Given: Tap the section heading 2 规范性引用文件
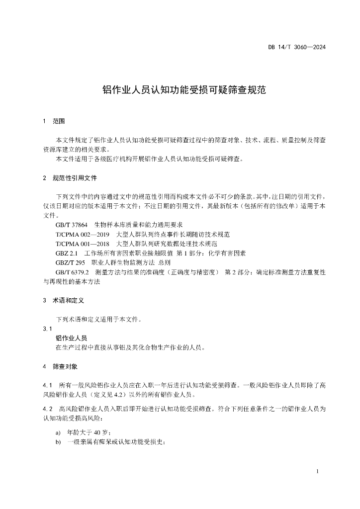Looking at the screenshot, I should [x=70, y=177].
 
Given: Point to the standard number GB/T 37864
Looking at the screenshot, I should [x=72, y=225].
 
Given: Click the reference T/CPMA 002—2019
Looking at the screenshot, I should [x=83, y=234].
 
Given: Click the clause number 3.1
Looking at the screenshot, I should [x=48, y=329].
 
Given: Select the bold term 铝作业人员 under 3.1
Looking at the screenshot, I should [x=71, y=338].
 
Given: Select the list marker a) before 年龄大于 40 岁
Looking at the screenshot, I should [x=58, y=432].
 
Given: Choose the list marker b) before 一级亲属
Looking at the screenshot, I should [x=58, y=442].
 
